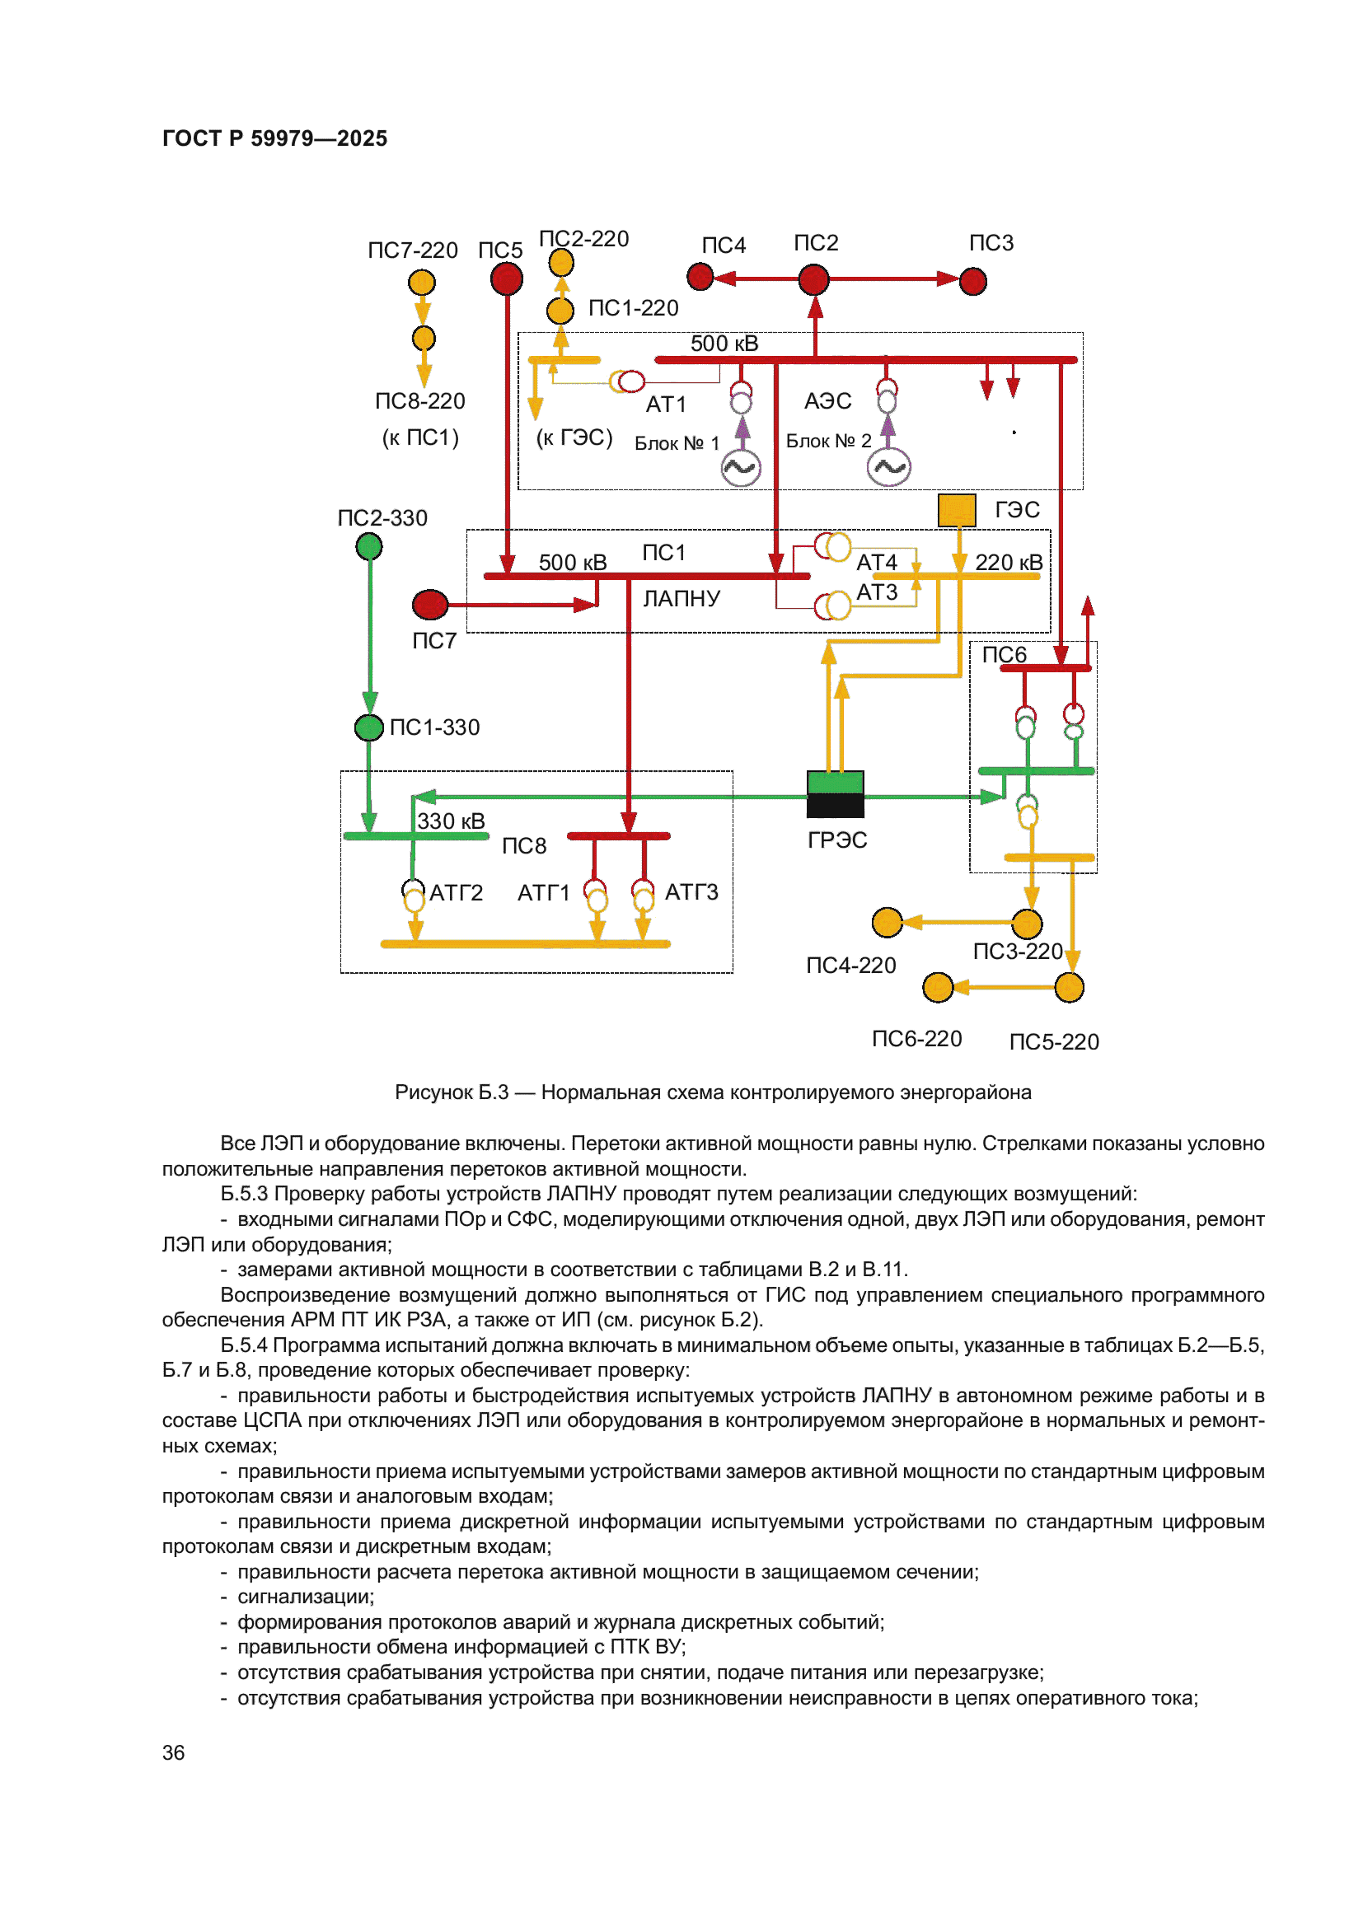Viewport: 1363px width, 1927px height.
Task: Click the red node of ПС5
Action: click(x=506, y=278)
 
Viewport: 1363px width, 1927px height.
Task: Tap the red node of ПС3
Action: click(x=972, y=281)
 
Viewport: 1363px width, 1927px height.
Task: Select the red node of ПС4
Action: click(x=700, y=276)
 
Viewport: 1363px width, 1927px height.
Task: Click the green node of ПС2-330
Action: click(x=369, y=547)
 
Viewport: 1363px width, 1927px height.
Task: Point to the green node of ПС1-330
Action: click(x=368, y=727)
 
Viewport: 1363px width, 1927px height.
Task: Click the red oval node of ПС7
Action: click(x=429, y=604)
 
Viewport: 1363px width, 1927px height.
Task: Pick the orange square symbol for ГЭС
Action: click(x=956, y=510)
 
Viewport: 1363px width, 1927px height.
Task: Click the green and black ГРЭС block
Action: click(x=835, y=794)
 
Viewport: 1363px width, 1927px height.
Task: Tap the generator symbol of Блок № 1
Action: click(x=741, y=467)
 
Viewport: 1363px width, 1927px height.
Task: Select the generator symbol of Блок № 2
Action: click(x=889, y=467)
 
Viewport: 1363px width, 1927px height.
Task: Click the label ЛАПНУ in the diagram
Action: click(x=681, y=598)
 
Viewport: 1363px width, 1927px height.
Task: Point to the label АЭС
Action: click(x=827, y=401)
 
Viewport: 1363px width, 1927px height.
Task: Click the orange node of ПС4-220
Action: click(x=887, y=923)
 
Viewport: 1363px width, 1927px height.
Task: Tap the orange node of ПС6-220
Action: click(x=938, y=987)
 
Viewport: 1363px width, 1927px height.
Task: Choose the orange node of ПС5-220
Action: click(x=1069, y=987)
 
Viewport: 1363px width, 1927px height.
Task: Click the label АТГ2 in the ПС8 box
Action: click(x=456, y=892)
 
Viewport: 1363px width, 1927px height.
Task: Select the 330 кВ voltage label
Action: click(x=451, y=821)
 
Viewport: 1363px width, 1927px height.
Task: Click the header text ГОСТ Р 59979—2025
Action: click(x=274, y=138)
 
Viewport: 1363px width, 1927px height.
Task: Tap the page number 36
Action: click(x=173, y=1752)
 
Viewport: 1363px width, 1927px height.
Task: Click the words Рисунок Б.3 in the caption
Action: click(x=452, y=1092)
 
